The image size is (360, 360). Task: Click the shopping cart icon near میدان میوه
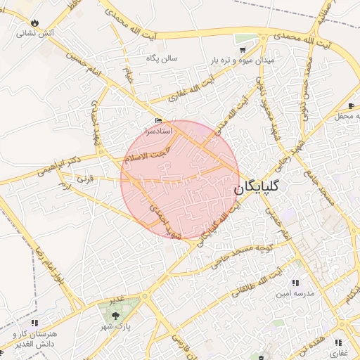pyautogui.click(x=243, y=50)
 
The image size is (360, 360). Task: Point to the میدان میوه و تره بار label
pyautogui.click(x=240, y=61)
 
